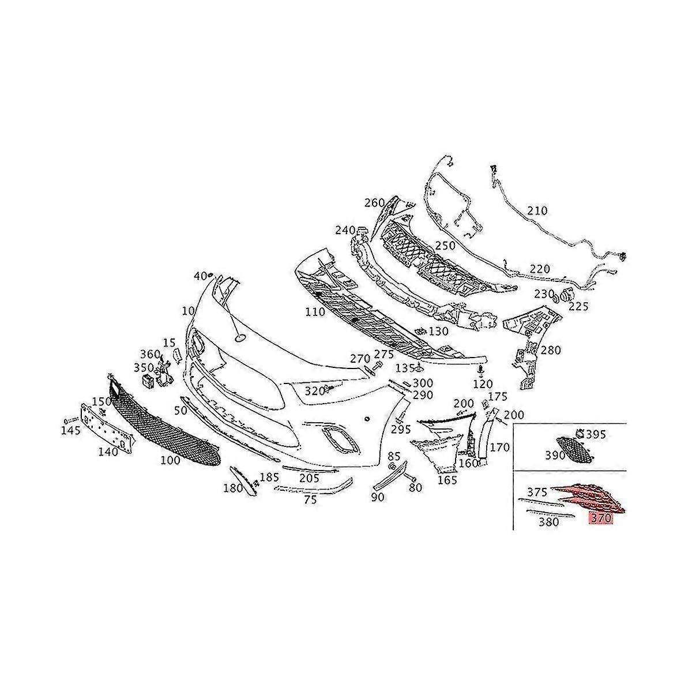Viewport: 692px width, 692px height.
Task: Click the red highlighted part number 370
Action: tap(600, 518)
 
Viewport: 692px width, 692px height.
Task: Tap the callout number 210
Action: tap(537, 211)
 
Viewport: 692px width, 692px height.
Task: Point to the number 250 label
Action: tap(445, 246)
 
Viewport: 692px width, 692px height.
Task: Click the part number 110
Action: tap(315, 312)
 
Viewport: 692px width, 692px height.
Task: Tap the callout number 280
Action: tap(551, 350)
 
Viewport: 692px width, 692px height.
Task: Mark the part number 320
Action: tap(314, 391)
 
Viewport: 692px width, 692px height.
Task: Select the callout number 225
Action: tap(578, 307)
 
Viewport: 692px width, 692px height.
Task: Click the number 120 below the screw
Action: tap(483, 384)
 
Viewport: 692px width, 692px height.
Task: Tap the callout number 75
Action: tap(310, 500)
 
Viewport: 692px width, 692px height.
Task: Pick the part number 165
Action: tap(447, 479)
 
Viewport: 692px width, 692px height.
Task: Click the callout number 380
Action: tap(548, 522)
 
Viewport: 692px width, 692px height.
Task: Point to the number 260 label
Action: tap(374, 202)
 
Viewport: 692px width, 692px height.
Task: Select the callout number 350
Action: tap(144, 367)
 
